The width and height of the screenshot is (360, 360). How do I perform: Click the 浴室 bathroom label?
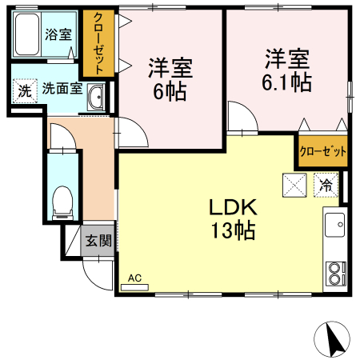pyautogui.click(x=58, y=35)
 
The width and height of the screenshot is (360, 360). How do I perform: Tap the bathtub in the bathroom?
pyautogui.click(x=27, y=35)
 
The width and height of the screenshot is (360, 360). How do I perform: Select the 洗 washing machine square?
pyautogui.click(x=25, y=90)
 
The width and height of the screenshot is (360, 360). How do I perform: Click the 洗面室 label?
pyautogui.click(x=62, y=89)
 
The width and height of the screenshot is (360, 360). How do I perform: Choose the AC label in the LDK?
pyautogui.click(x=134, y=278)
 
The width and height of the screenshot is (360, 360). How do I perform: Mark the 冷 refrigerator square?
pyautogui.click(x=326, y=183)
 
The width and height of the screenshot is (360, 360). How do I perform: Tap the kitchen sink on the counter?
pyautogui.click(x=333, y=226)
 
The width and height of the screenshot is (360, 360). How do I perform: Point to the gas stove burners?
pyautogui.click(x=333, y=274)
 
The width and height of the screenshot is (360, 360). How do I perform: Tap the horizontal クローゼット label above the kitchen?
pyautogui.click(x=324, y=150)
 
